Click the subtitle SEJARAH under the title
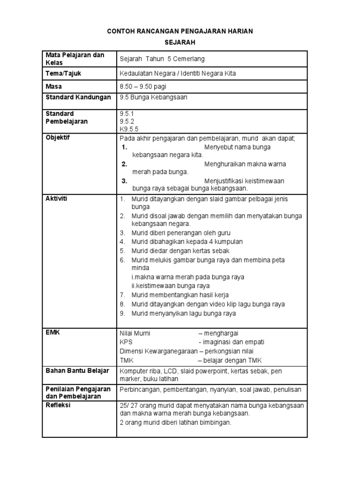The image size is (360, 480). pyautogui.click(x=180, y=42)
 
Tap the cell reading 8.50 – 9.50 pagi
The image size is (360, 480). pyautogui.click(x=143, y=87)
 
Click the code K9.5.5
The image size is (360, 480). pyautogui.click(x=129, y=129)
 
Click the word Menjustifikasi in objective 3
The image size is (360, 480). pyautogui.click(x=226, y=181)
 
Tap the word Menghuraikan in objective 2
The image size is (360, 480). pyautogui.click(x=226, y=164)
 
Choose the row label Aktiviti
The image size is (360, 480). pyautogui.click(x=56, y=199)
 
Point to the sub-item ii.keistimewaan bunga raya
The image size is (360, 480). pyautogui.click(x=170, y=286)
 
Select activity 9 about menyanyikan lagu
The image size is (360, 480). pyautogui.click(x=183, y=314)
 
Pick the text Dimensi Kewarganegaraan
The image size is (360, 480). pyautogui.click(x=158, y=351)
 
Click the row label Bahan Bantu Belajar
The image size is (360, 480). pyautogui.click(x=77, y=371)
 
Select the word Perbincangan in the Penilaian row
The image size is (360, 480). pyautogui.click(x=140, y=390)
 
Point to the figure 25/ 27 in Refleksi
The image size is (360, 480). pyautogui.click(x=128, y=405)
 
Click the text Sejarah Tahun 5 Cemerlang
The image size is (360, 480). pyautogui.click(x=162, y=59)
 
